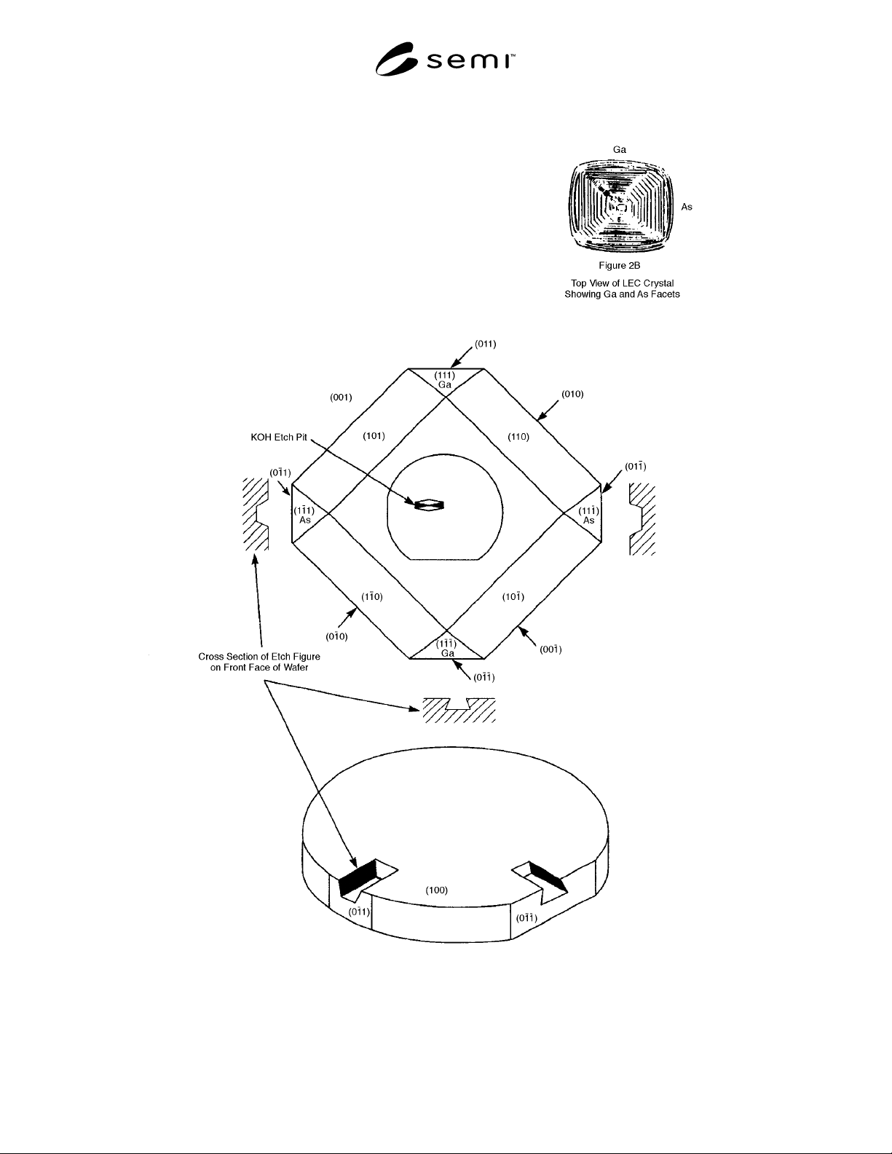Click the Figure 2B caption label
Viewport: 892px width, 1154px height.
619,266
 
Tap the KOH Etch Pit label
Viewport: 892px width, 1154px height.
279,437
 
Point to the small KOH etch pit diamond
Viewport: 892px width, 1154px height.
429,505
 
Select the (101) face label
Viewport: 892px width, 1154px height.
374,436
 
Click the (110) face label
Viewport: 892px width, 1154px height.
518,437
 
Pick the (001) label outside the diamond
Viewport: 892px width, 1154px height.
341,398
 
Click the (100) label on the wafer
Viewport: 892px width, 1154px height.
436,890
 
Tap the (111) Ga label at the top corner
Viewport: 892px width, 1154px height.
444,380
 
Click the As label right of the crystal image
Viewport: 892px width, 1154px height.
687,207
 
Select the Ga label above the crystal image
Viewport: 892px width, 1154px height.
619,150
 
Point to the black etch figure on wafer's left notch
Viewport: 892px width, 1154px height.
357,876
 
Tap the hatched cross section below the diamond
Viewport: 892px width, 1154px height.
459,711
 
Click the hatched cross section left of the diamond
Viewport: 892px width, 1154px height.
256,514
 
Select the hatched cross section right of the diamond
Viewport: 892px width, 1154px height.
642,519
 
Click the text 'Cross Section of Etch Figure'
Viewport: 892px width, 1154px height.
259,657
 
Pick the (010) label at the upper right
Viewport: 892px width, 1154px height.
572,394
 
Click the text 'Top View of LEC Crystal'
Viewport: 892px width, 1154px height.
623,283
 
